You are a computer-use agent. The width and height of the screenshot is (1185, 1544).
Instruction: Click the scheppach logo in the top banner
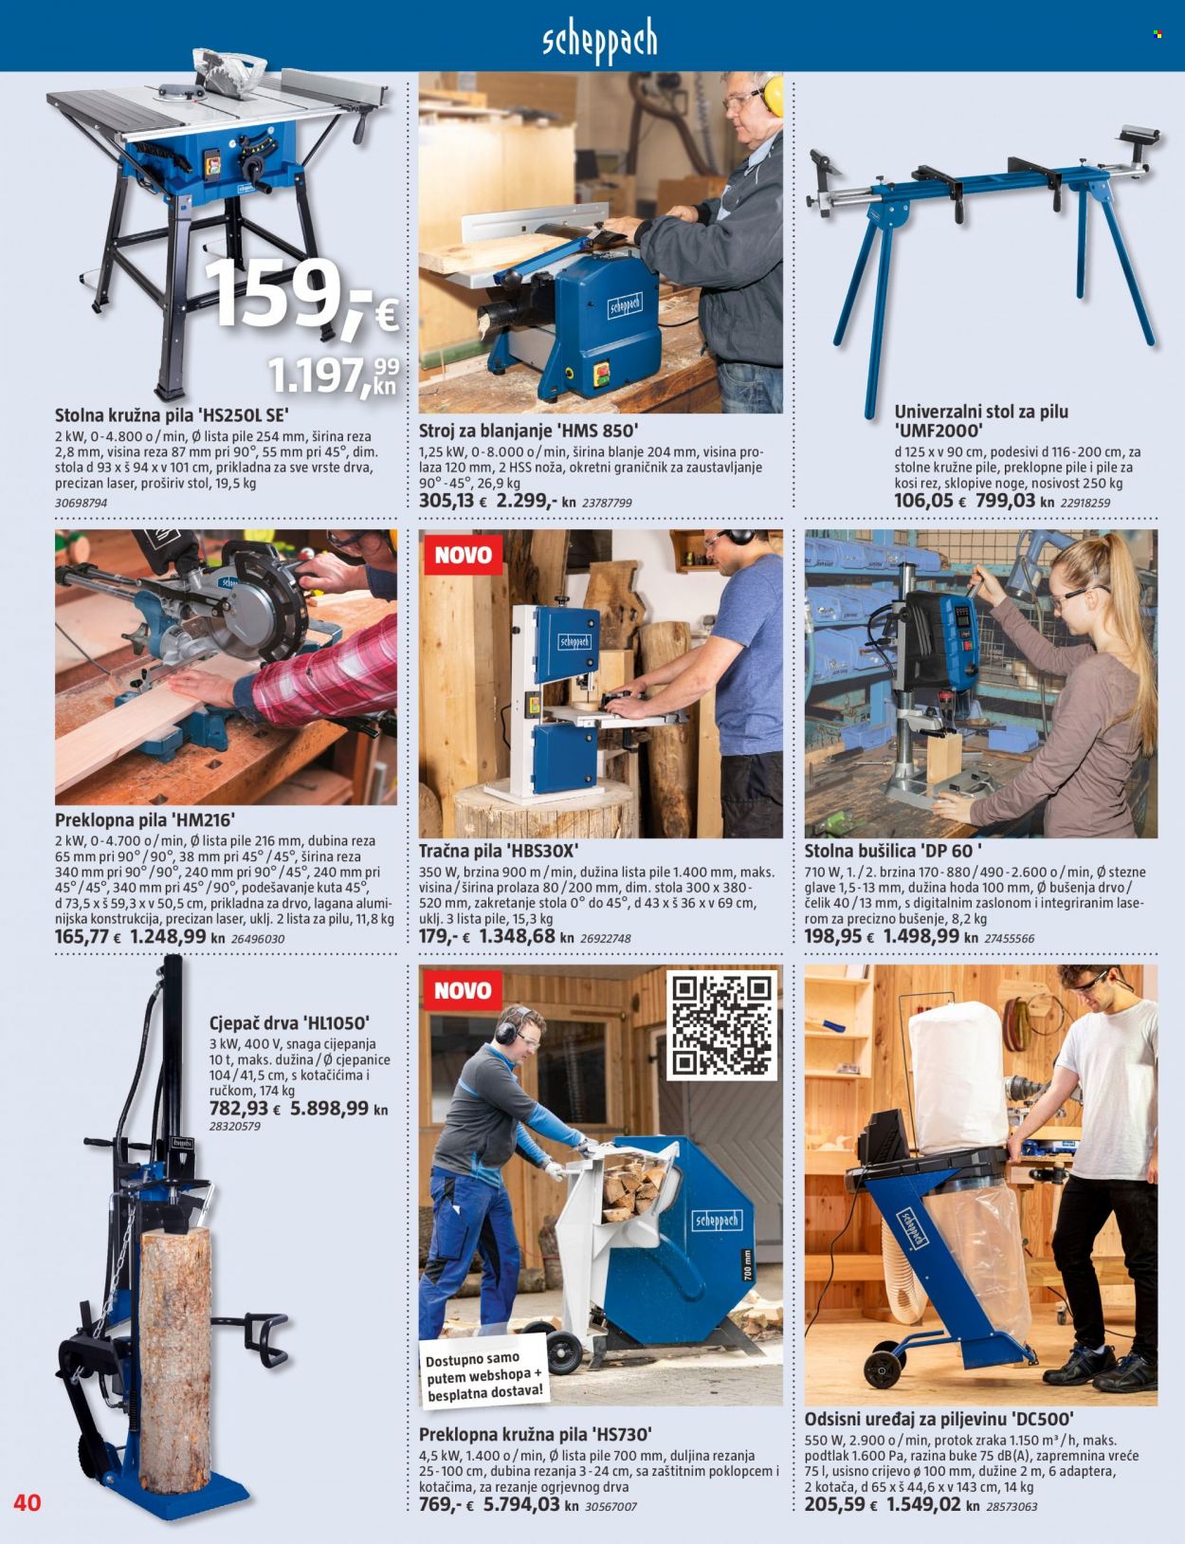(600, 41)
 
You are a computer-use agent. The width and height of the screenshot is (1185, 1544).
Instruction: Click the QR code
(721, 1024)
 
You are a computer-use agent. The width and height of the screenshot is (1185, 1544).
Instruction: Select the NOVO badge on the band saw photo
(463, 554)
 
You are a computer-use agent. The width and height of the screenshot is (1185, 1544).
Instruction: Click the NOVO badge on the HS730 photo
(463, 990)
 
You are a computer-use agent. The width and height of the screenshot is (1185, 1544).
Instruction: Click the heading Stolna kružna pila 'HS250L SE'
(173, 414)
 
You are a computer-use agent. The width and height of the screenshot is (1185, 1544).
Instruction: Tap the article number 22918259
(1085, 503)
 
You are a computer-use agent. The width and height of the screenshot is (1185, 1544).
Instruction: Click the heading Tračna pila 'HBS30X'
(505, 851)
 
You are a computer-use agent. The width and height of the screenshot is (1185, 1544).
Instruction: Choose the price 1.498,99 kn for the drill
(930, 936)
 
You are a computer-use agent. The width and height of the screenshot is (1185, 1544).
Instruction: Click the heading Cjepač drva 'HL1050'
(290, 1023)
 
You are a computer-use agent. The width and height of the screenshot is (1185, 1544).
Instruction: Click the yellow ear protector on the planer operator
(773, 97)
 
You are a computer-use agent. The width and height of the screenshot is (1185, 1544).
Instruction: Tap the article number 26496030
(258, 939)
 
